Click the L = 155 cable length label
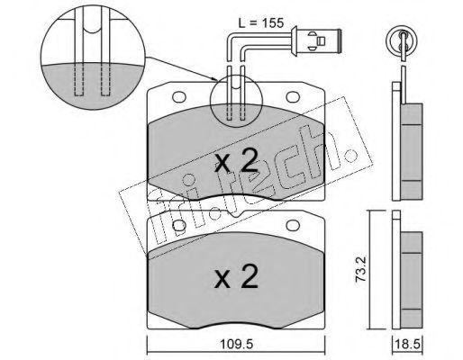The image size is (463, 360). pyautogui.click(x=261, y=23)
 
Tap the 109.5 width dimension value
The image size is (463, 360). pyautogui.click(x=236, y=345)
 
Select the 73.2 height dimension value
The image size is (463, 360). pyautogui.click(x=360, y=271)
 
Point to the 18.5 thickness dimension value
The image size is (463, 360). pyautogui.click(x=408, y=345)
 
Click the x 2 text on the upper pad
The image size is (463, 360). pyautogui.click(x=236, y=161)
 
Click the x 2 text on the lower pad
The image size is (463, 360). pyautogui.click(x=236, y=276)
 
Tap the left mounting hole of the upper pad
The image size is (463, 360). pyautogui.click(x=178, y=96)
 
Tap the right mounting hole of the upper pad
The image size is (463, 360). pyautogui.click(x=292, y=96)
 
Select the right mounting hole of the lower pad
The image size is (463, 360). pyautogui.click(x=292, y=226)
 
